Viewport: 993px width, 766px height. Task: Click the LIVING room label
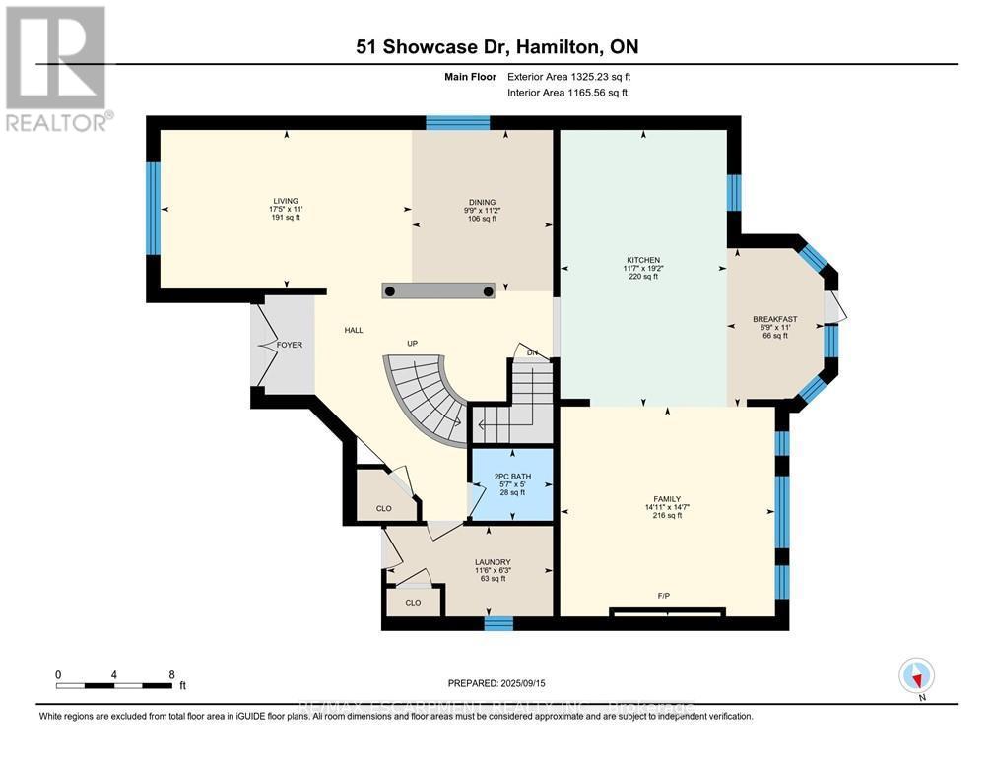(x=285, y=201)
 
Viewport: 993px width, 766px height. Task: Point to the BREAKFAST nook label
(x=774, y=319)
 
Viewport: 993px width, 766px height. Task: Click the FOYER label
(x=289, y=346)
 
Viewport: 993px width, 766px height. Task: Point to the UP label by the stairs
(x=413, y=345)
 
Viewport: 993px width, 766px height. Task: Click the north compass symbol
(x=917, y=677)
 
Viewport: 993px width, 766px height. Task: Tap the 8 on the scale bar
(x=172, y=674)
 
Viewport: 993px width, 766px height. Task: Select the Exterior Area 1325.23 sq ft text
(x=567, y=76)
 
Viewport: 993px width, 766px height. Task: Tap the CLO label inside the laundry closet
(x=413, y=602)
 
